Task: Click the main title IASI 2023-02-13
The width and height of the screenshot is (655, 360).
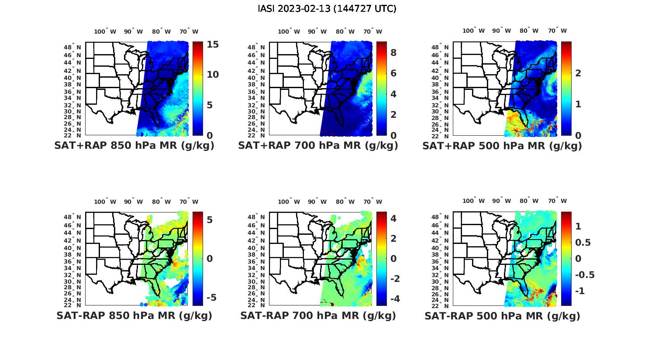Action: point(327,9)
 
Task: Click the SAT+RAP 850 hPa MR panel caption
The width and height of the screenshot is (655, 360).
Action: point(134,146)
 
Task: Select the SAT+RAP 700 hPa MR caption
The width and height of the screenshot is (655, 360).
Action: point(318,146)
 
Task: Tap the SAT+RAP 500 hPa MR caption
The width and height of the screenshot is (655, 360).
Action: point(502,146)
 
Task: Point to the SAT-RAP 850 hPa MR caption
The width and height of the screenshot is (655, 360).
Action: point(134,315)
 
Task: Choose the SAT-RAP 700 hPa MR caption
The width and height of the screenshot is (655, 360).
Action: point(318,315)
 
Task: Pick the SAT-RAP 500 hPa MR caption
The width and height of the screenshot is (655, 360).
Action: point(502,315)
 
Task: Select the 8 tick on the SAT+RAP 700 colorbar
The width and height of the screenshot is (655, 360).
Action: point(393,53)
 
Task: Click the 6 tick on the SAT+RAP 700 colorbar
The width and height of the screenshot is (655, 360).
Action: point(393,73)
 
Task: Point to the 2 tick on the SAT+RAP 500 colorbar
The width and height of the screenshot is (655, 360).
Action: point(578,73)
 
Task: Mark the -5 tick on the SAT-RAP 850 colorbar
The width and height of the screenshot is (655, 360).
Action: point(210,298)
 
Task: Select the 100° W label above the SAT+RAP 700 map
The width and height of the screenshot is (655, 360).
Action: point(289,31)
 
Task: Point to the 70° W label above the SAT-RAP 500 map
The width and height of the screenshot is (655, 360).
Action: point(557,201)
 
